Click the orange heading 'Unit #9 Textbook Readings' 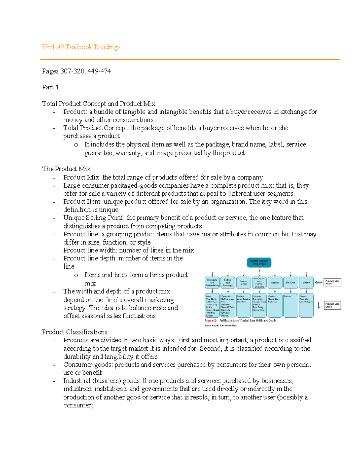click(81, 47)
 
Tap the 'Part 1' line click(50, 87)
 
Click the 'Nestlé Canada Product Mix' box click(259, 263)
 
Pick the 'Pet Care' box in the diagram click(290, 283)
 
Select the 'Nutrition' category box click(275, 283)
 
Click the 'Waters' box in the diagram click(306, 283)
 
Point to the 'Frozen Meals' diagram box click(243, 283)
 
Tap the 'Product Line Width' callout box click(332, 282)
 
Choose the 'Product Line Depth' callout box click(332, 305)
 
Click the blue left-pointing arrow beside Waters click(318, 282)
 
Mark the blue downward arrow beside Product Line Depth click(319, 305)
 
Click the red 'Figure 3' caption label click(211, 320)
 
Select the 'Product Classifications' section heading click(75, 332)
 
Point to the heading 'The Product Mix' click(66, 169)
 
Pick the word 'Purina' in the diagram click(287, 296)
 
